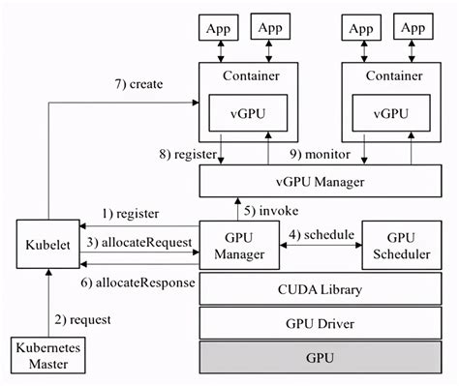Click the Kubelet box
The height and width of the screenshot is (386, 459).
40,248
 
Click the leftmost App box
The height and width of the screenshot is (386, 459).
216,28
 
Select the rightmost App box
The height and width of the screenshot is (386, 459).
413,28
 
